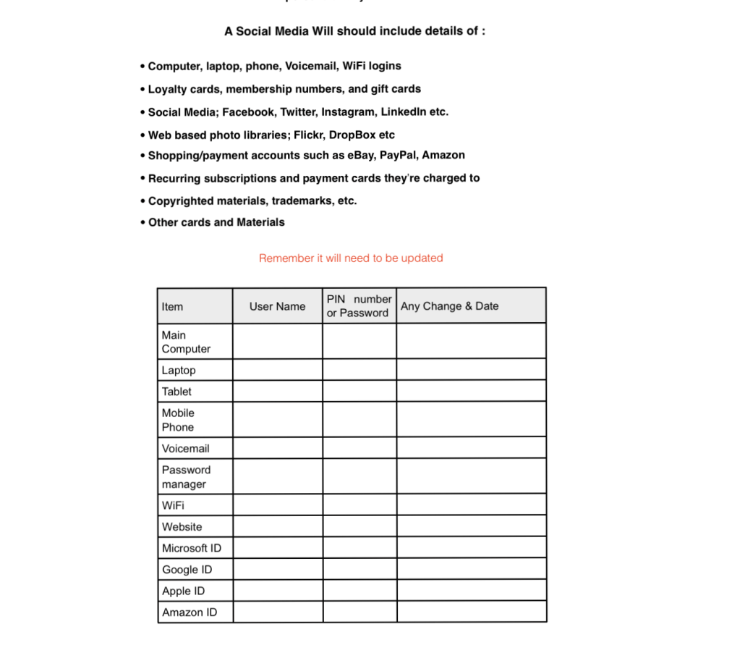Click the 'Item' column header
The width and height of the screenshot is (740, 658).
[173, 306]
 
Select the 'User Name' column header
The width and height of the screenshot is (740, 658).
[277, 306]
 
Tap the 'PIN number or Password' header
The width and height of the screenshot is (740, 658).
[359, 306]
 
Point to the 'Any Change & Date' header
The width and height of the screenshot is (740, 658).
[449, 306]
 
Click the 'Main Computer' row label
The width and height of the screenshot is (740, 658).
[186, 342]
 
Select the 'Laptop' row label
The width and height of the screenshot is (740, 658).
[179, 370]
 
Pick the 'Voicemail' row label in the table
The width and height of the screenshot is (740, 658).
[185, 448]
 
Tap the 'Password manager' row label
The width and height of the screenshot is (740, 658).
[186, 477]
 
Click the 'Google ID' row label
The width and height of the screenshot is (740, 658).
[187, 570]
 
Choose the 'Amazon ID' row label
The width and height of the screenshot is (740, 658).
[189, 612]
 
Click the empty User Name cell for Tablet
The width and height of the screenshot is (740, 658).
[278, 392]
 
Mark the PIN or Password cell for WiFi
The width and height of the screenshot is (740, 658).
[360, 505]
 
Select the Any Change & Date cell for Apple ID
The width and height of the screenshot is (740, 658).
[471, 591]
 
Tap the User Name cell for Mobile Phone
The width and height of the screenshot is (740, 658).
[278, 420]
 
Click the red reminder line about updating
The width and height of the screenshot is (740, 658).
[351, 258]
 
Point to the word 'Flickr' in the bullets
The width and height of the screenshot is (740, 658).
[308, 135]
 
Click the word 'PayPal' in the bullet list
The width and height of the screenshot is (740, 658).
[398, 155]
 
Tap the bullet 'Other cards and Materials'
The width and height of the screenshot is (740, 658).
[216, 222]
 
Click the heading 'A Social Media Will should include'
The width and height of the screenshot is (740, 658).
[354, 31]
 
